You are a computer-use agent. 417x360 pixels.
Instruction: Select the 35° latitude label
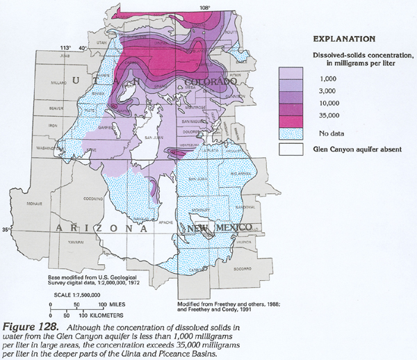(6, 230)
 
